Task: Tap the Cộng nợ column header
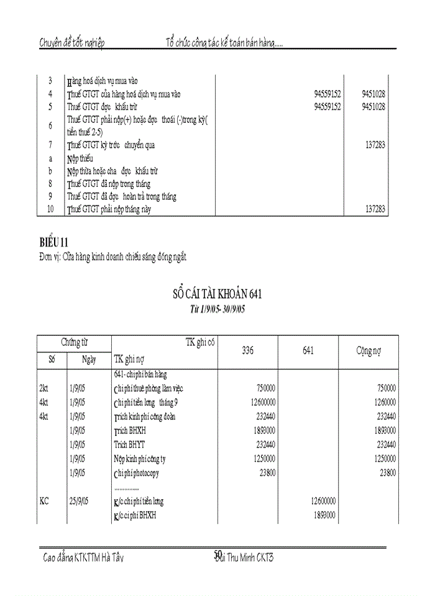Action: [x=368, y=351]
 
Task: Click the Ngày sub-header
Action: [x=89, y=359]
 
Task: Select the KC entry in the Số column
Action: [x=44, y=501]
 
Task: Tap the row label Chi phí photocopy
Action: [x=136, y=473]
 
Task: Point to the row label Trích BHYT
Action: [x=129, y=445]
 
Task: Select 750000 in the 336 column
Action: [x=266, y=388]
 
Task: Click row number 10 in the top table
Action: [x=50, y=210]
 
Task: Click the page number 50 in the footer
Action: [x=218, y=554]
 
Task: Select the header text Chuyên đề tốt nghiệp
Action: [x=72, y=43]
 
